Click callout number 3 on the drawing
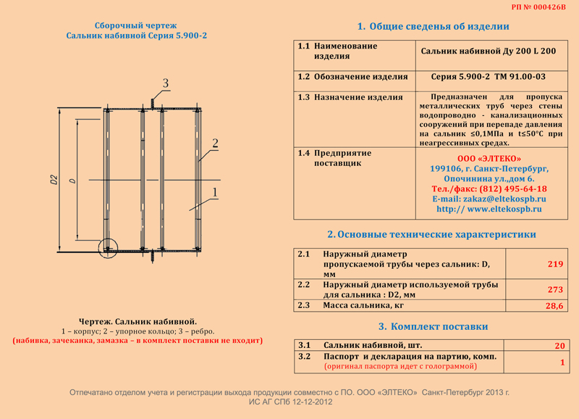tap(165, 83)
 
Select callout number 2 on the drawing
tap(215, 141)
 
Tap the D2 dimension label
tap(55, 179)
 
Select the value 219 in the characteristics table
tap(555, 265)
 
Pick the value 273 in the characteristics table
tap(555, 289)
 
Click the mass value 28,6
tap(554, 307)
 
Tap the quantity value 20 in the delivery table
tap(559, 346)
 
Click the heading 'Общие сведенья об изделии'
tap(433, 26)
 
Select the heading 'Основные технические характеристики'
tap(431, 235)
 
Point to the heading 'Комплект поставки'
tap(433, 327)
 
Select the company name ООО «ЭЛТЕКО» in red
tap(489, 159)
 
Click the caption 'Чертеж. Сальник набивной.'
tap(137, 321)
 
